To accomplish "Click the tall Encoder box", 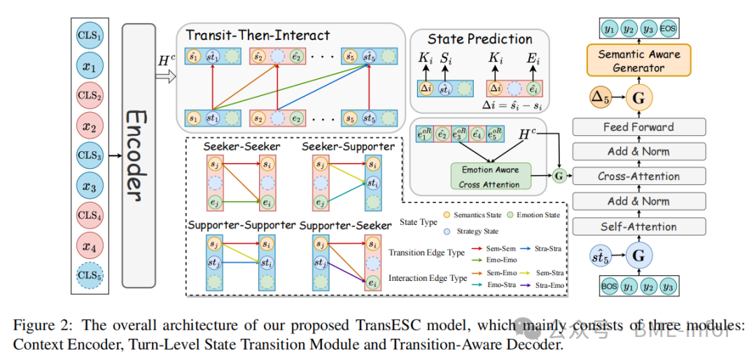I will pyautogui.click(x=138, y=155).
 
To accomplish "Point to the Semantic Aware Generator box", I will pyautogui.click(x=638, y=61).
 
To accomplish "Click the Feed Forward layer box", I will pyautogui.click(x=638, y=127).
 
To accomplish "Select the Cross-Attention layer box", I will pyautogui.click(x=638, y=176).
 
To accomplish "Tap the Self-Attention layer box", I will pyautogui.click(x=638, y=226).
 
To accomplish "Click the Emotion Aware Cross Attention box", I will pyautogui.click(x=491, y=177).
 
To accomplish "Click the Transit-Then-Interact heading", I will pyautogui.click(x=257, y=35).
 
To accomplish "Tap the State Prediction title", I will pyautogui.click(x=479, y=39).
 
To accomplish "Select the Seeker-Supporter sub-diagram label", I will pyautogui.click(x=338, y=146).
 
